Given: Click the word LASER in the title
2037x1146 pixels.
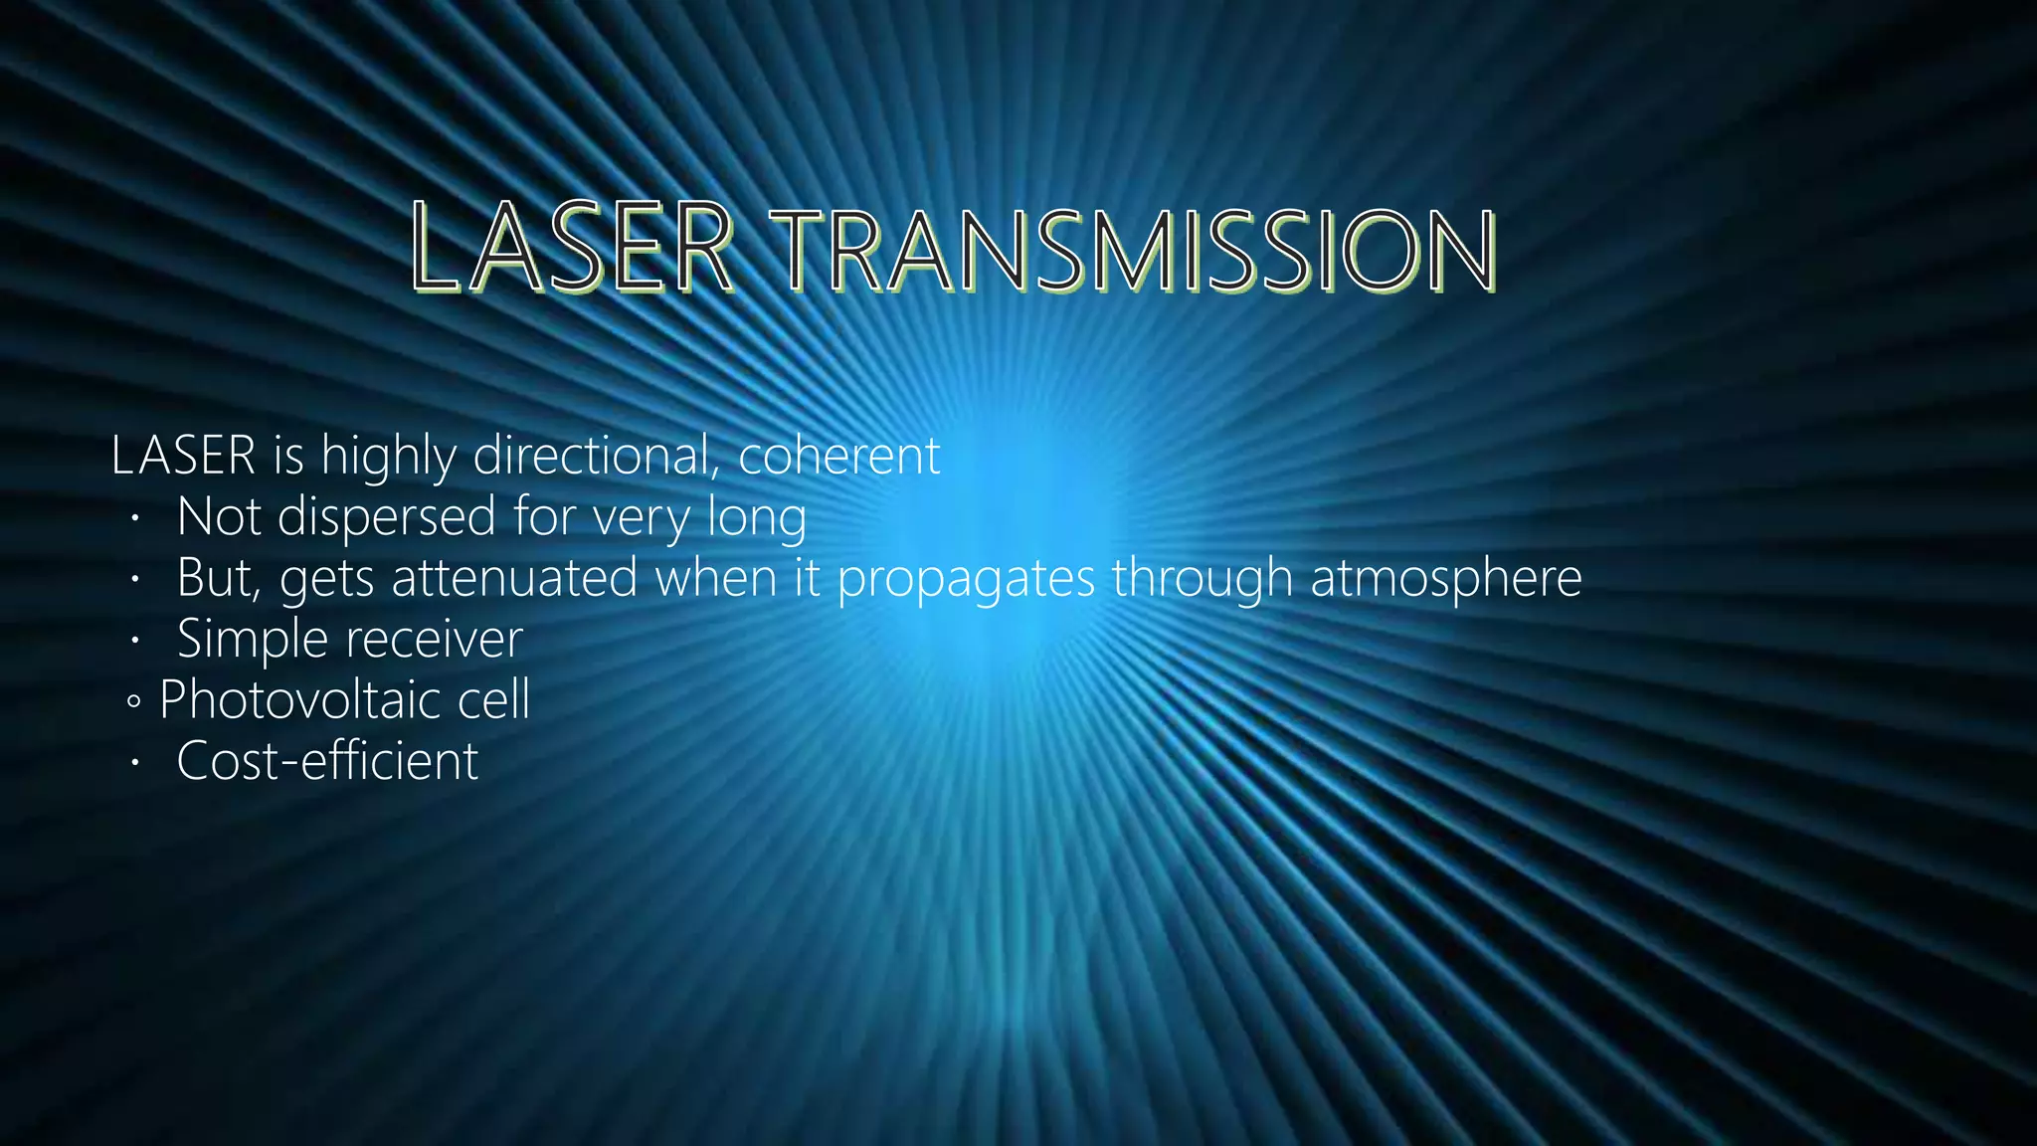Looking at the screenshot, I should click(x=571, y=249).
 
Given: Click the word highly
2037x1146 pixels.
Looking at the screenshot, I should click(x=389, y=457).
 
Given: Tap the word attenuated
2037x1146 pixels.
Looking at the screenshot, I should click(x=514, y=578).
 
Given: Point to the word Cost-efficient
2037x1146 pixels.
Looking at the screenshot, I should click(x=327, y=761).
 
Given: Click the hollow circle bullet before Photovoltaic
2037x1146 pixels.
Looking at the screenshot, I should click(x=134, y=702).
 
